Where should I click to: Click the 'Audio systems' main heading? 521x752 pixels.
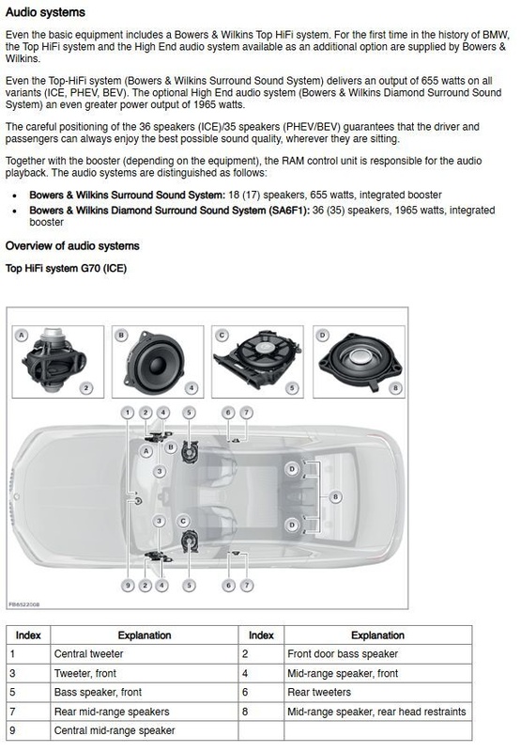[x=45, y=12]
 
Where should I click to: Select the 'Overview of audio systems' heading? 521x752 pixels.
[x=72, y=246]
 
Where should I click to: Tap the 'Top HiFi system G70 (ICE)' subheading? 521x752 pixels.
[x=66, y=268]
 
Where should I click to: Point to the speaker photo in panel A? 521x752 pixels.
[x=54, y=360]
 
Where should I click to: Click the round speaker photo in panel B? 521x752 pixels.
[x=154, y=363]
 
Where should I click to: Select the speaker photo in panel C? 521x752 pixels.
[x=257, y=358]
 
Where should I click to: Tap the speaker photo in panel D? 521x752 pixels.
[x=360, y=360]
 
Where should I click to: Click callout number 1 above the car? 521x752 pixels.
[x=128, y=413]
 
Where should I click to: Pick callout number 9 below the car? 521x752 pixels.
[x=128, y=585]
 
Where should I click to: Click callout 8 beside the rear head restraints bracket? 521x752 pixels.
[x=335, y=497]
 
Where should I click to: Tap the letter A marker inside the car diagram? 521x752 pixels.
[x=146, y=451]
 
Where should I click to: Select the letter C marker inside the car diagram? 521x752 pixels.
[x=183, y=522]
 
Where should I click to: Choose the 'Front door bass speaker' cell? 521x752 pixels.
[x=343, y=654]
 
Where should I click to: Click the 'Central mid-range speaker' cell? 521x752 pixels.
[x=115, y=731]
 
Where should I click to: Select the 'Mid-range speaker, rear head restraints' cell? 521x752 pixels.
[x=376, y=712]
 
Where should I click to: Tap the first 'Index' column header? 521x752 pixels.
[x=28, y=635]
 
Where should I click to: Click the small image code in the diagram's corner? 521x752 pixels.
[x=24, y=604]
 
